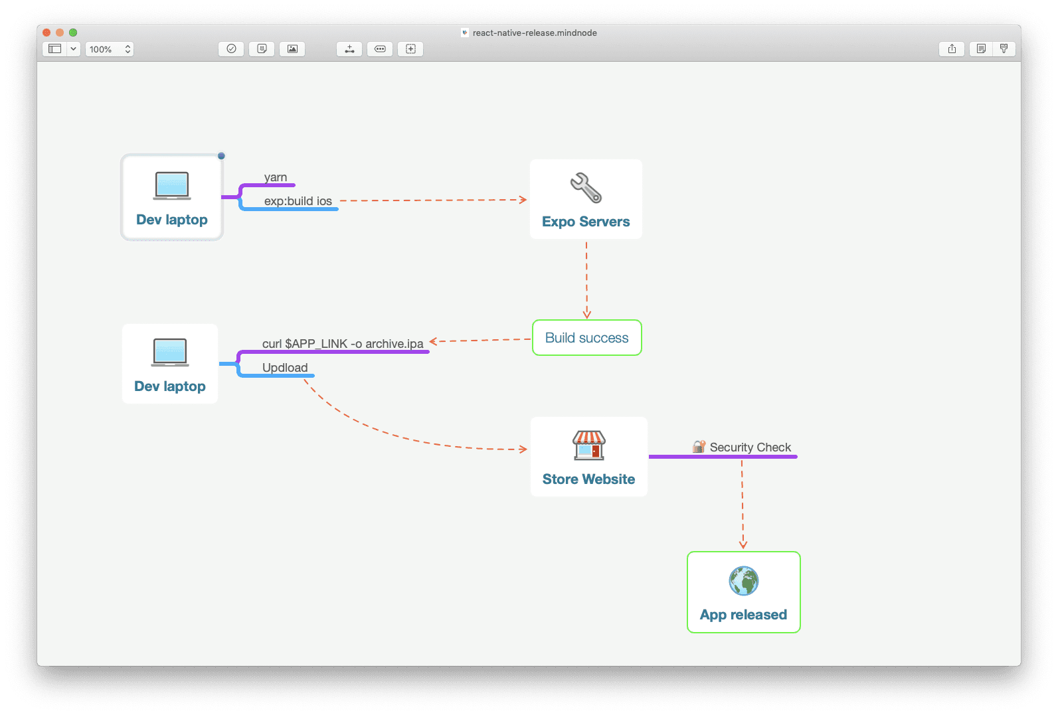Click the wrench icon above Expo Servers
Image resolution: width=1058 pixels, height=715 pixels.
click(x=586, y=188)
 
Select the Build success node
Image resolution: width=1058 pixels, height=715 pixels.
click(x=586, y=338)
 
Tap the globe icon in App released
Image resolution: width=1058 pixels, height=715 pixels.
click(x=743, y=581)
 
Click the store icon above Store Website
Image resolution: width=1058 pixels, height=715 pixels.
click(x=589, y=445)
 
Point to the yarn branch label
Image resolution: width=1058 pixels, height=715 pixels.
click(x=275, y=177)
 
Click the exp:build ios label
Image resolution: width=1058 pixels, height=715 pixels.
click(x=298, y=201)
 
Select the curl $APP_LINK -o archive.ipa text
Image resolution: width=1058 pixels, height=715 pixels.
click(x=343, y=343)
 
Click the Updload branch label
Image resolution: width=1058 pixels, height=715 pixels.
click(x=285, y=368)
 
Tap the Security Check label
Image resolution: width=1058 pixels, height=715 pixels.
click(x=750, y=447)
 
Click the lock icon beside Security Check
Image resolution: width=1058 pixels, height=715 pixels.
click(x=699, y=447)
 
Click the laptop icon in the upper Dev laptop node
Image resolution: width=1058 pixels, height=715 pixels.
click(x=172, y=185)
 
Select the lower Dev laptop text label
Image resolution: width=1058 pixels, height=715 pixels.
click(x=170, y=386)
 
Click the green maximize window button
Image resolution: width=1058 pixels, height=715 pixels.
click(x=73, y=33)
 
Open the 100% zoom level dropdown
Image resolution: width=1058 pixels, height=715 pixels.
click(x=110, y=49)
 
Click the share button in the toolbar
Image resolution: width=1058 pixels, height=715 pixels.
click(x=952, y=49)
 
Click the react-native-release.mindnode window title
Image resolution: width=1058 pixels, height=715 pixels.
click(x=534, y=33)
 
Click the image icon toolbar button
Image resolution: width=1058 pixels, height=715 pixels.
click(x=292, y=49)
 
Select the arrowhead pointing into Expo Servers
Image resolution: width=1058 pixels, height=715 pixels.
click(x=523, y=199)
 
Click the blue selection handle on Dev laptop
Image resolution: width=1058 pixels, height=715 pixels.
click(x=221, y=156)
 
